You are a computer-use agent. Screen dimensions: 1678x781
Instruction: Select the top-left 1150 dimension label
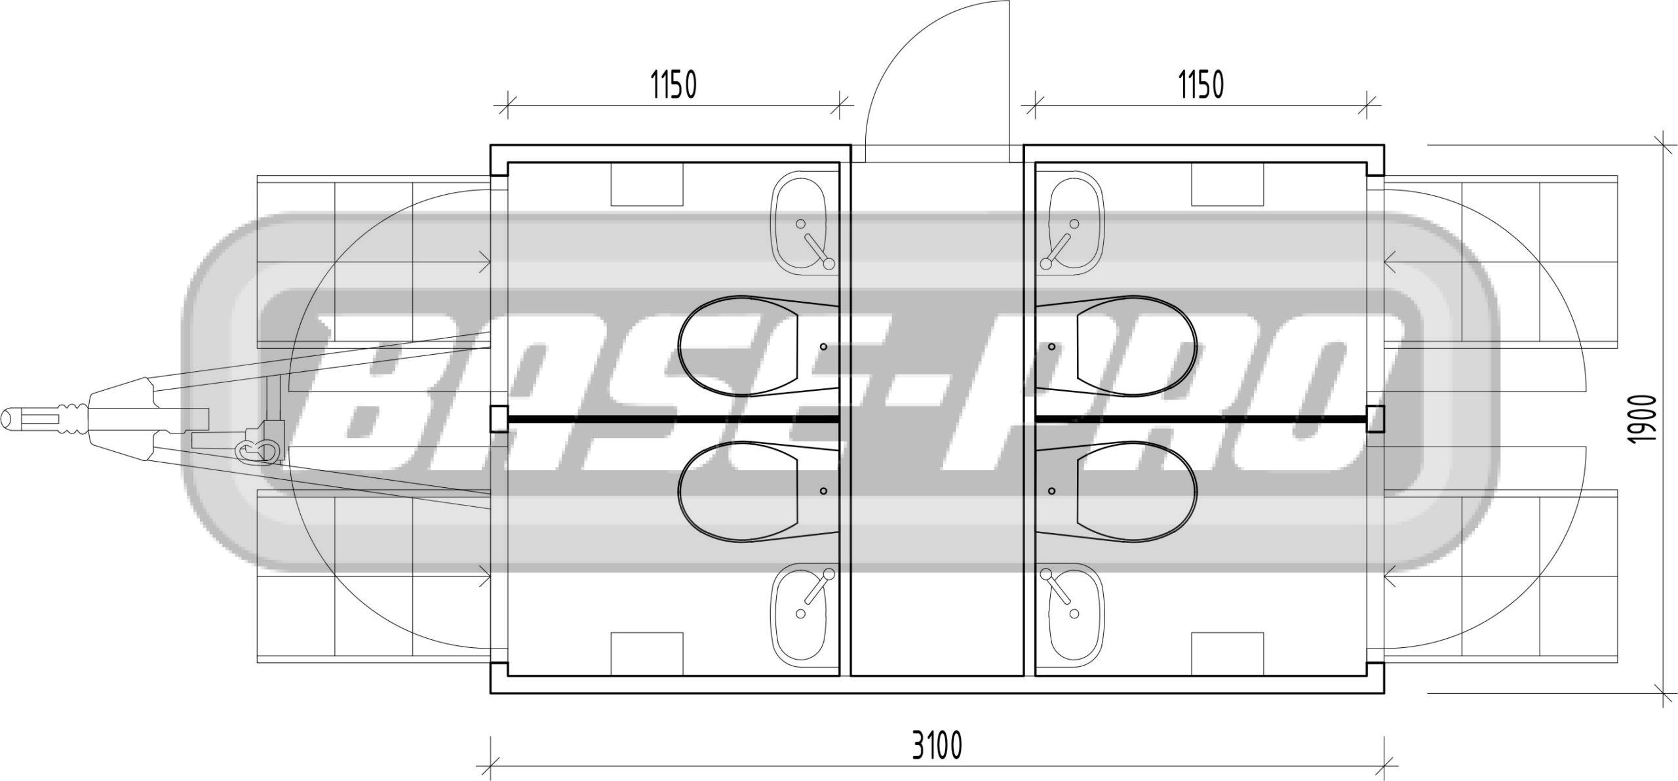[673, 85]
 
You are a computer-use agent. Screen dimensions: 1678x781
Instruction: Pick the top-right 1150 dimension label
[1201, 85]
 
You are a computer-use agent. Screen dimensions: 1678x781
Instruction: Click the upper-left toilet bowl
[758, 346]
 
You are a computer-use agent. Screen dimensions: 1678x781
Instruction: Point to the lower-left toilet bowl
[758, 491]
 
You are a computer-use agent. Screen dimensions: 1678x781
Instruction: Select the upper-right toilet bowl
[1117, 346]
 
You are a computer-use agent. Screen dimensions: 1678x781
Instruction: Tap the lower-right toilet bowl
[1117, 491]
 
